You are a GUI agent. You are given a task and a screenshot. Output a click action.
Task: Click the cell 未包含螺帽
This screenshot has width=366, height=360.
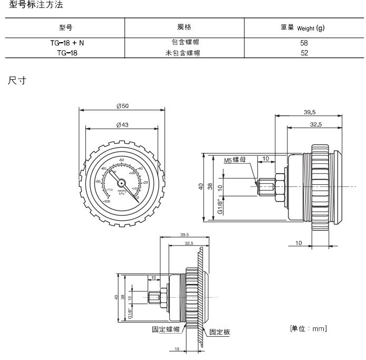coord(184,52)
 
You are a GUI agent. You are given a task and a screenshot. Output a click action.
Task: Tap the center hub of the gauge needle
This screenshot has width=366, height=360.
coord(121,182)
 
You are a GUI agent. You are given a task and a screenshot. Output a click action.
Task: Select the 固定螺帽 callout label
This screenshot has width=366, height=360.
coord(166,330)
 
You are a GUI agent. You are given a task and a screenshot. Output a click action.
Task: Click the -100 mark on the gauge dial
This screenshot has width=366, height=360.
coord(107,201)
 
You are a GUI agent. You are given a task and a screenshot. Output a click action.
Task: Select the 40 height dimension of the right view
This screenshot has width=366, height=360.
coord(201,187)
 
